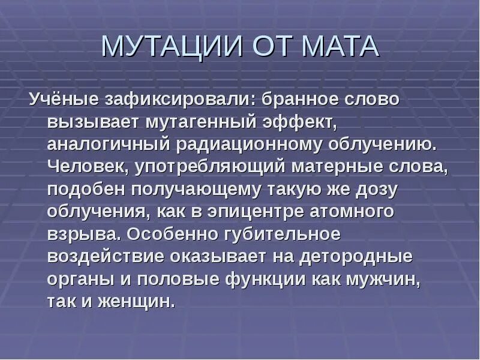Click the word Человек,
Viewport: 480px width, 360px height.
pyautogui.click(x=87, y=167)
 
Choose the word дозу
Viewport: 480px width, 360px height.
pyautogui.click(x=376, y=190)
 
